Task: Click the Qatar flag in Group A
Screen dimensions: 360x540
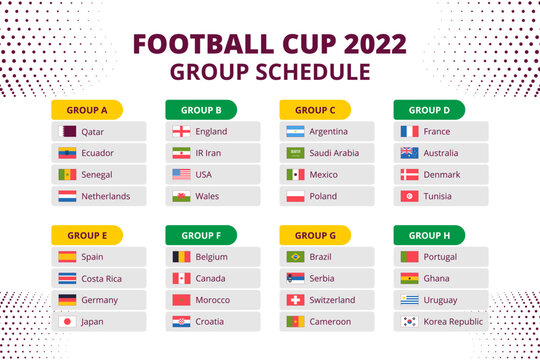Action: coord(66,131)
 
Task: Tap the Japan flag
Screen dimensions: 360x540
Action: coord(66,322)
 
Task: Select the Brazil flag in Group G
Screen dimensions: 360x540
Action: coord(295,257)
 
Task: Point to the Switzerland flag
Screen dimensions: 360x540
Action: coord(295,300)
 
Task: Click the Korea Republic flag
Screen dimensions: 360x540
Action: coord(409,322)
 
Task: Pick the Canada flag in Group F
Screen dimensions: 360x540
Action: coord(181,278)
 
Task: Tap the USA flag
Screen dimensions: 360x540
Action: coord(181,174)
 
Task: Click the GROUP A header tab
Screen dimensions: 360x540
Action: coord(86,109)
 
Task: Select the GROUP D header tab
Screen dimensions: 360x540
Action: coord(429,109)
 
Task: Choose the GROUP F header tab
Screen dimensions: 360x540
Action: coord(200,235)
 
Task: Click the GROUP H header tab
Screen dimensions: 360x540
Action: coord(429,235)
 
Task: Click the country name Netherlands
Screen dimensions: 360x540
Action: coord(106,196)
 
